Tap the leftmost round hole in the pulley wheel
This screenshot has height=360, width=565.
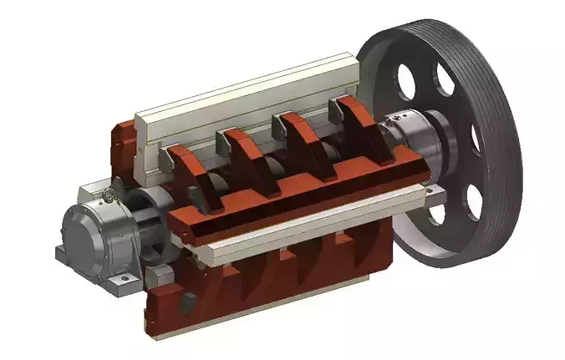[407, 82]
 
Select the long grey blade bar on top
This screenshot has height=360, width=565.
[251, 92]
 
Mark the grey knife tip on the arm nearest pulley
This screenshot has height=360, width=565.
[338, 104]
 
